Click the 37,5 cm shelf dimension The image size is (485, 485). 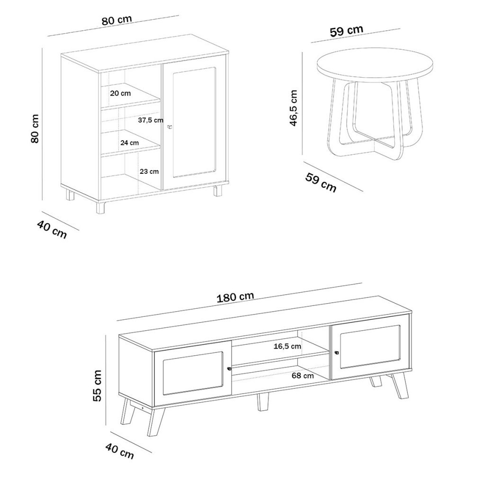click(150, 120)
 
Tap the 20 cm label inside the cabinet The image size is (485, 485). click(120, 93)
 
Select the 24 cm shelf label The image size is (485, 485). click(130, 143)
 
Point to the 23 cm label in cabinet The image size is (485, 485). click(149, 171)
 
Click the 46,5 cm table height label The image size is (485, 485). click(293, 108)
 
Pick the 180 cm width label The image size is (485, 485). click(235, 297)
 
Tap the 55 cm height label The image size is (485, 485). click(97, 386)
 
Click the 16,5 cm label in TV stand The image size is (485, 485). click(287, 346)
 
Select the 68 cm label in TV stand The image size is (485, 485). click(303, 376)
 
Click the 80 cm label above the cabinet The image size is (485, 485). click(117, 20)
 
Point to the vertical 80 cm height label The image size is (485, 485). click(35, 129)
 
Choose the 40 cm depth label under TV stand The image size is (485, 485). click(120, 451)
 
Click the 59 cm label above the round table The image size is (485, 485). click(346, 31)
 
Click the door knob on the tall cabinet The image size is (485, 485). click(169, 127)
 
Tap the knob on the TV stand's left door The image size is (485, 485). click(229, 368)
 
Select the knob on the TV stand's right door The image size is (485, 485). click(337, 352)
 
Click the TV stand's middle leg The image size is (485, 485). click(263, 402)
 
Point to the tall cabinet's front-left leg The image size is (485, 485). click(100, 207)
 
